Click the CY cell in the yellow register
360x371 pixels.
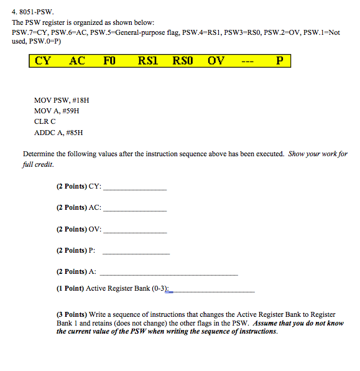click(x=43, y=61)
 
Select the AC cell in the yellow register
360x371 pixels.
click(x=77, y=61)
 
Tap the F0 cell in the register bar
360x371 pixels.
click(x=111, y=61)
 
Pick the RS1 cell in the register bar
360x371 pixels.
click(x=148, y=61)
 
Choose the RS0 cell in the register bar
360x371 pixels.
click(x=183, y=61)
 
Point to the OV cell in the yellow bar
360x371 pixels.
click(x=216, y=61)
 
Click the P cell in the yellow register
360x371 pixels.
click(x=279, y=61)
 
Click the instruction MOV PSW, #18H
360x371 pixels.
click(x=62, y=99)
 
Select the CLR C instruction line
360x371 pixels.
click(x=45, y=121)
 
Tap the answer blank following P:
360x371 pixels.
click(x=136, y=252)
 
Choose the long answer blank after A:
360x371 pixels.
click(x=168, y=273)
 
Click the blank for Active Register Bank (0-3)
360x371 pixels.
click(x=211, y=290)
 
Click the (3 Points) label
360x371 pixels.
click(x=72, y=315)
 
